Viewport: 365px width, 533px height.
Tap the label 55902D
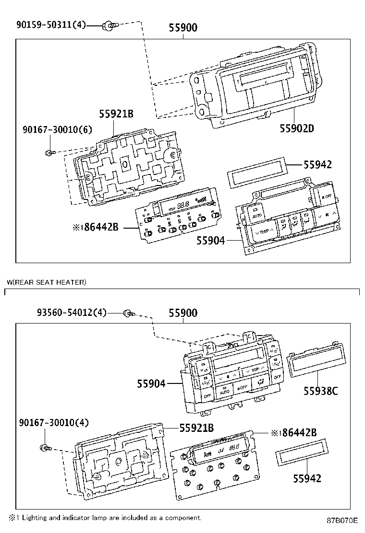[x=297, y=128]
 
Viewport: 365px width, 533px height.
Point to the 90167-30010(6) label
[x=57, y=130]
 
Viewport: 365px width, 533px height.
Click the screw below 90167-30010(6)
[x=50, y=152]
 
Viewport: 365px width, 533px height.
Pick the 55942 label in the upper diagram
[x=317, y=165]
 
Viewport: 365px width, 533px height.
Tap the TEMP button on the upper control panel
[x=262, y=232]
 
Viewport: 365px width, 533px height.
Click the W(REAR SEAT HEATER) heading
[x=47, y=283]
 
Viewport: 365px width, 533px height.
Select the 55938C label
[x=320, y=391]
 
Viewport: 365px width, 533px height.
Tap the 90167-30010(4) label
[x=54, y=422]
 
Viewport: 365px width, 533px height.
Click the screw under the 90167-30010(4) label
[x=45, y=448]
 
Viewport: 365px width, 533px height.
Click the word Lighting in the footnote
[x=35, y=518]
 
